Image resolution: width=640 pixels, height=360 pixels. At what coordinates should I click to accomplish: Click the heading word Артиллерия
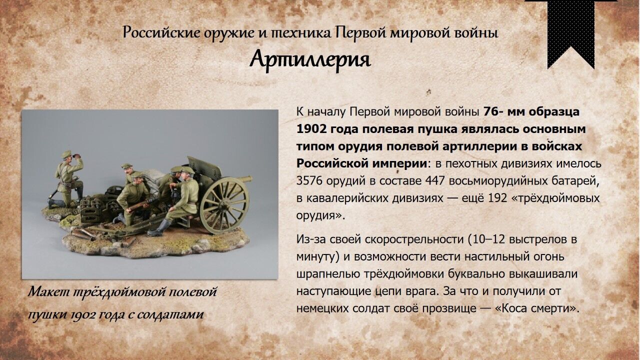pos(310,59)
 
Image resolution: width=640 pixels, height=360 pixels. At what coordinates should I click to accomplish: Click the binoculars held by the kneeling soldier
pos(76,155)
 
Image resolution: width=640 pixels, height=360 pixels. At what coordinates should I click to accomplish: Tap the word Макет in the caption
pos(49,291)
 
